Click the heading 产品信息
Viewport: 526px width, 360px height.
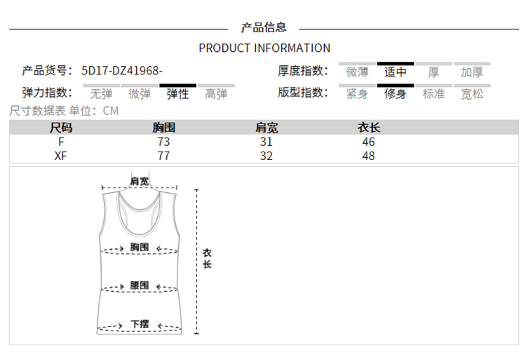264,27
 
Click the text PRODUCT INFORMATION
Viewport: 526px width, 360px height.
264,48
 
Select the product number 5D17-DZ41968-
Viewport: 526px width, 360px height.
122,71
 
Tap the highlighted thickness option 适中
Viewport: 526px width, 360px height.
395,72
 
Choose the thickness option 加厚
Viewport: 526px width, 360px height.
472,72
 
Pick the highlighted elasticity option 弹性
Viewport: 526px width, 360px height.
178,94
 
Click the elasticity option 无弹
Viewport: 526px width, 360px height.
101,94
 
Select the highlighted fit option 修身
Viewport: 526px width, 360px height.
395,94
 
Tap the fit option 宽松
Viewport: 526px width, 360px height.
472,94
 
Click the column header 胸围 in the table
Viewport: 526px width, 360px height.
163,128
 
